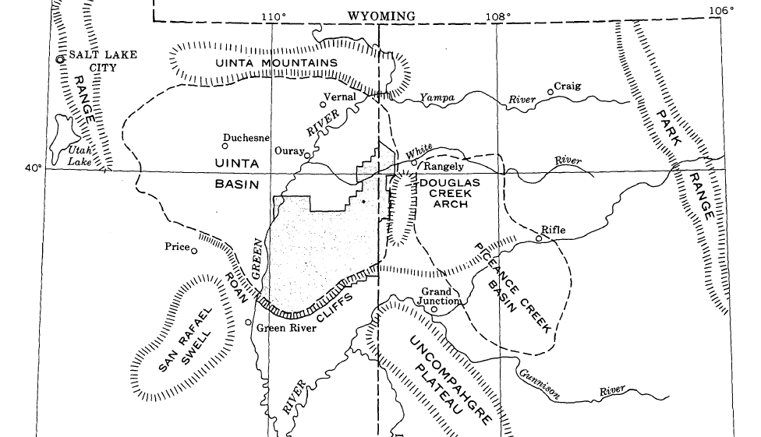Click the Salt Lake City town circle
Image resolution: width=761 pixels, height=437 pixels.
point(59,58)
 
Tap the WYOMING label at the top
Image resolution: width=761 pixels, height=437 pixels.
point(381,16)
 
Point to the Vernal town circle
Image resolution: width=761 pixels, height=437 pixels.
point(324,104)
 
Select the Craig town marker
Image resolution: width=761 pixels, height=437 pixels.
point(550,91)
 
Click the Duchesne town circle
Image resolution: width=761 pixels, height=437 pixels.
point(225,145)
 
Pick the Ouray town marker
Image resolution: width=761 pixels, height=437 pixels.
point(307,155)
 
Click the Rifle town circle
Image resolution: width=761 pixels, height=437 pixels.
point(538,238)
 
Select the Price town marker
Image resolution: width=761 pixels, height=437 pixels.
point(194,251)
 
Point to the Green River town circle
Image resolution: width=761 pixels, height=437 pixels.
point(249,322)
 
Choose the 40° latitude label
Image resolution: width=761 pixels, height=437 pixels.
point(34,166)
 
